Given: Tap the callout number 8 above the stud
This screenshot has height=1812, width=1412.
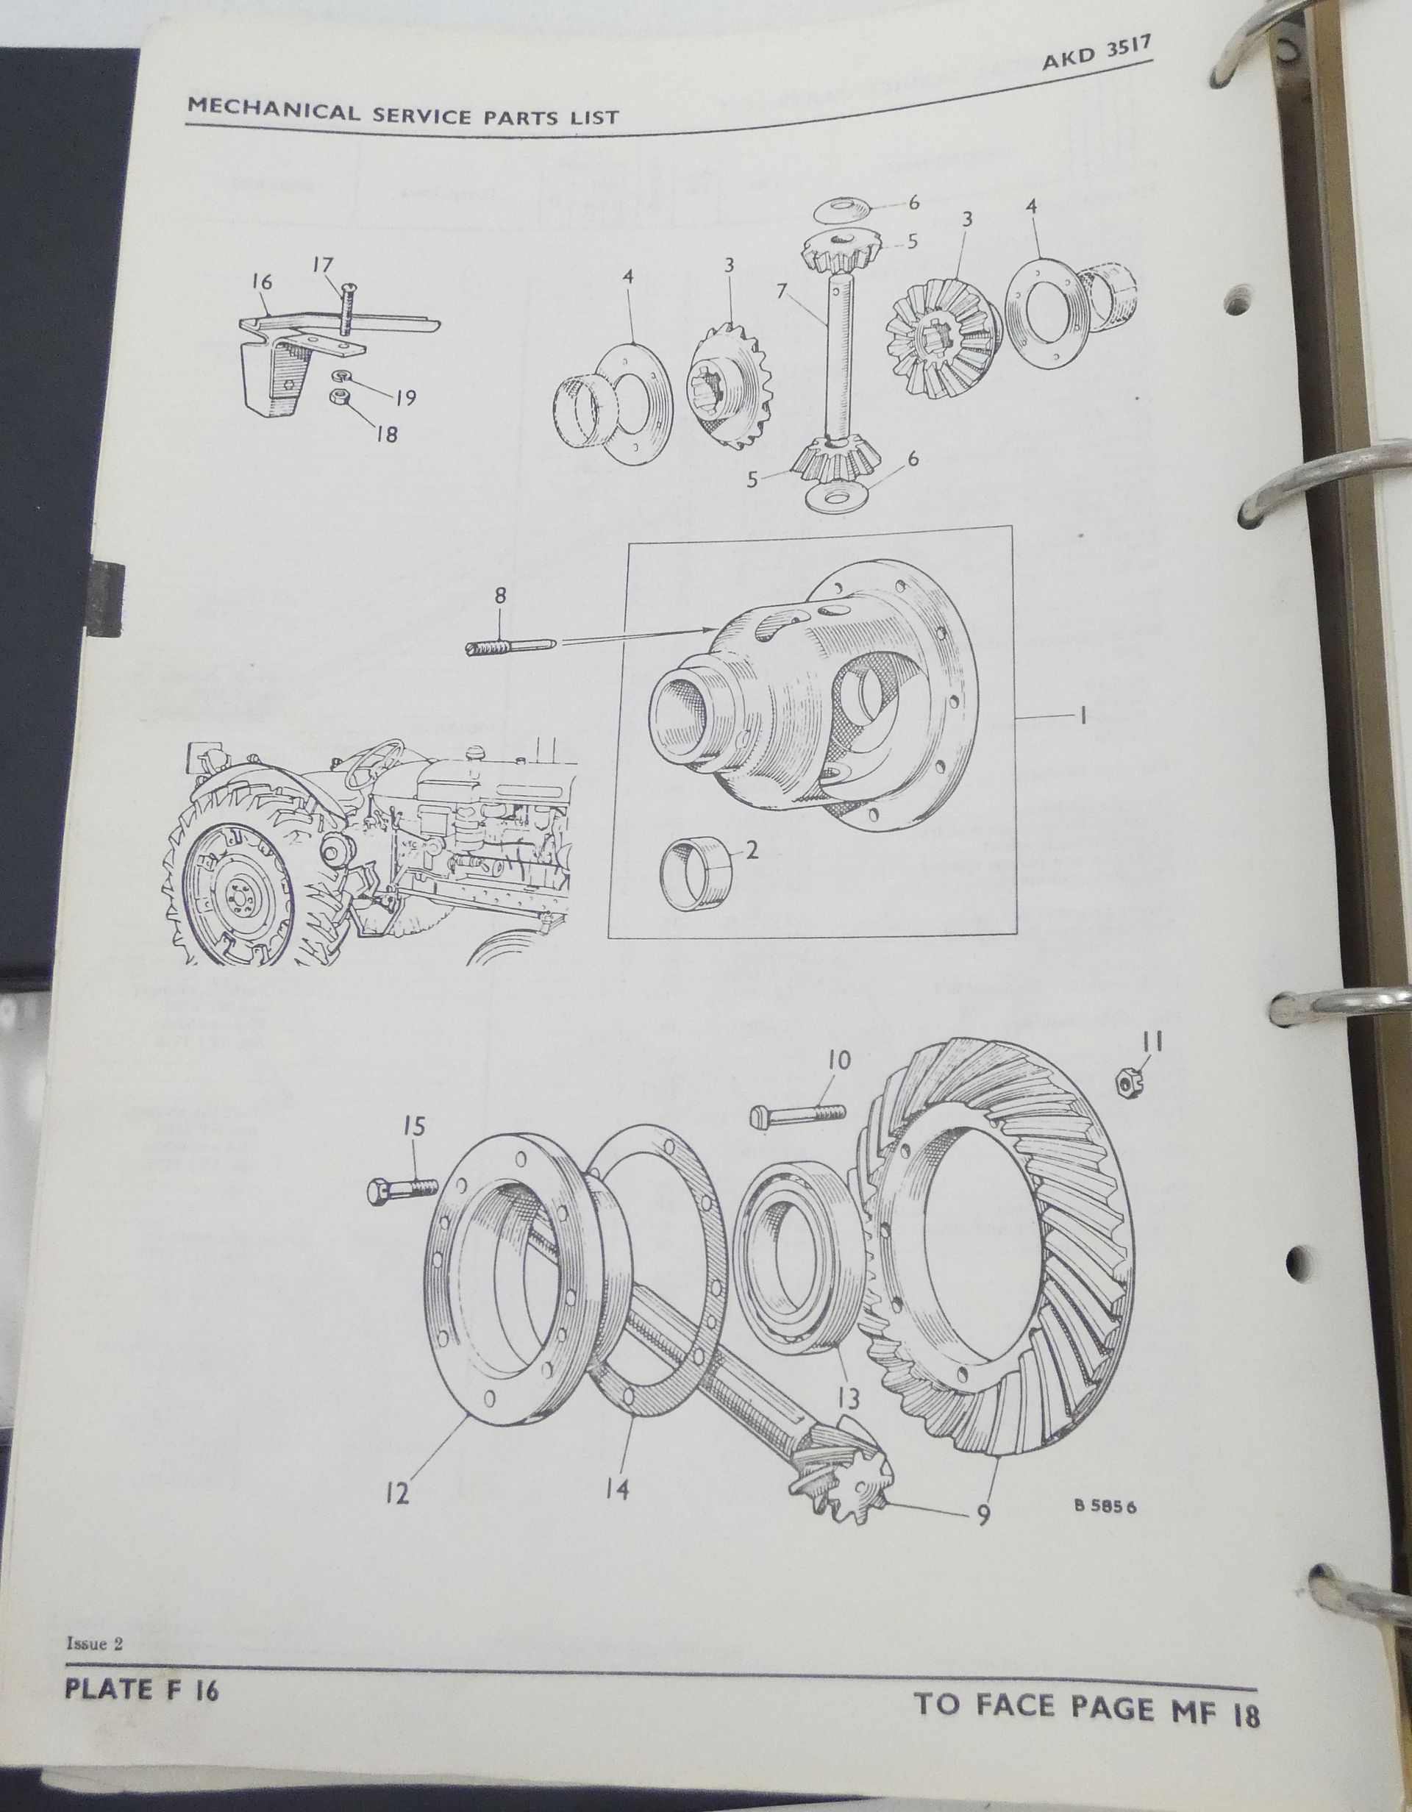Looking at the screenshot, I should pos(499,596).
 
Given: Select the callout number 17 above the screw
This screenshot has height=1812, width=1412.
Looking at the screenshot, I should pos(323,265).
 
